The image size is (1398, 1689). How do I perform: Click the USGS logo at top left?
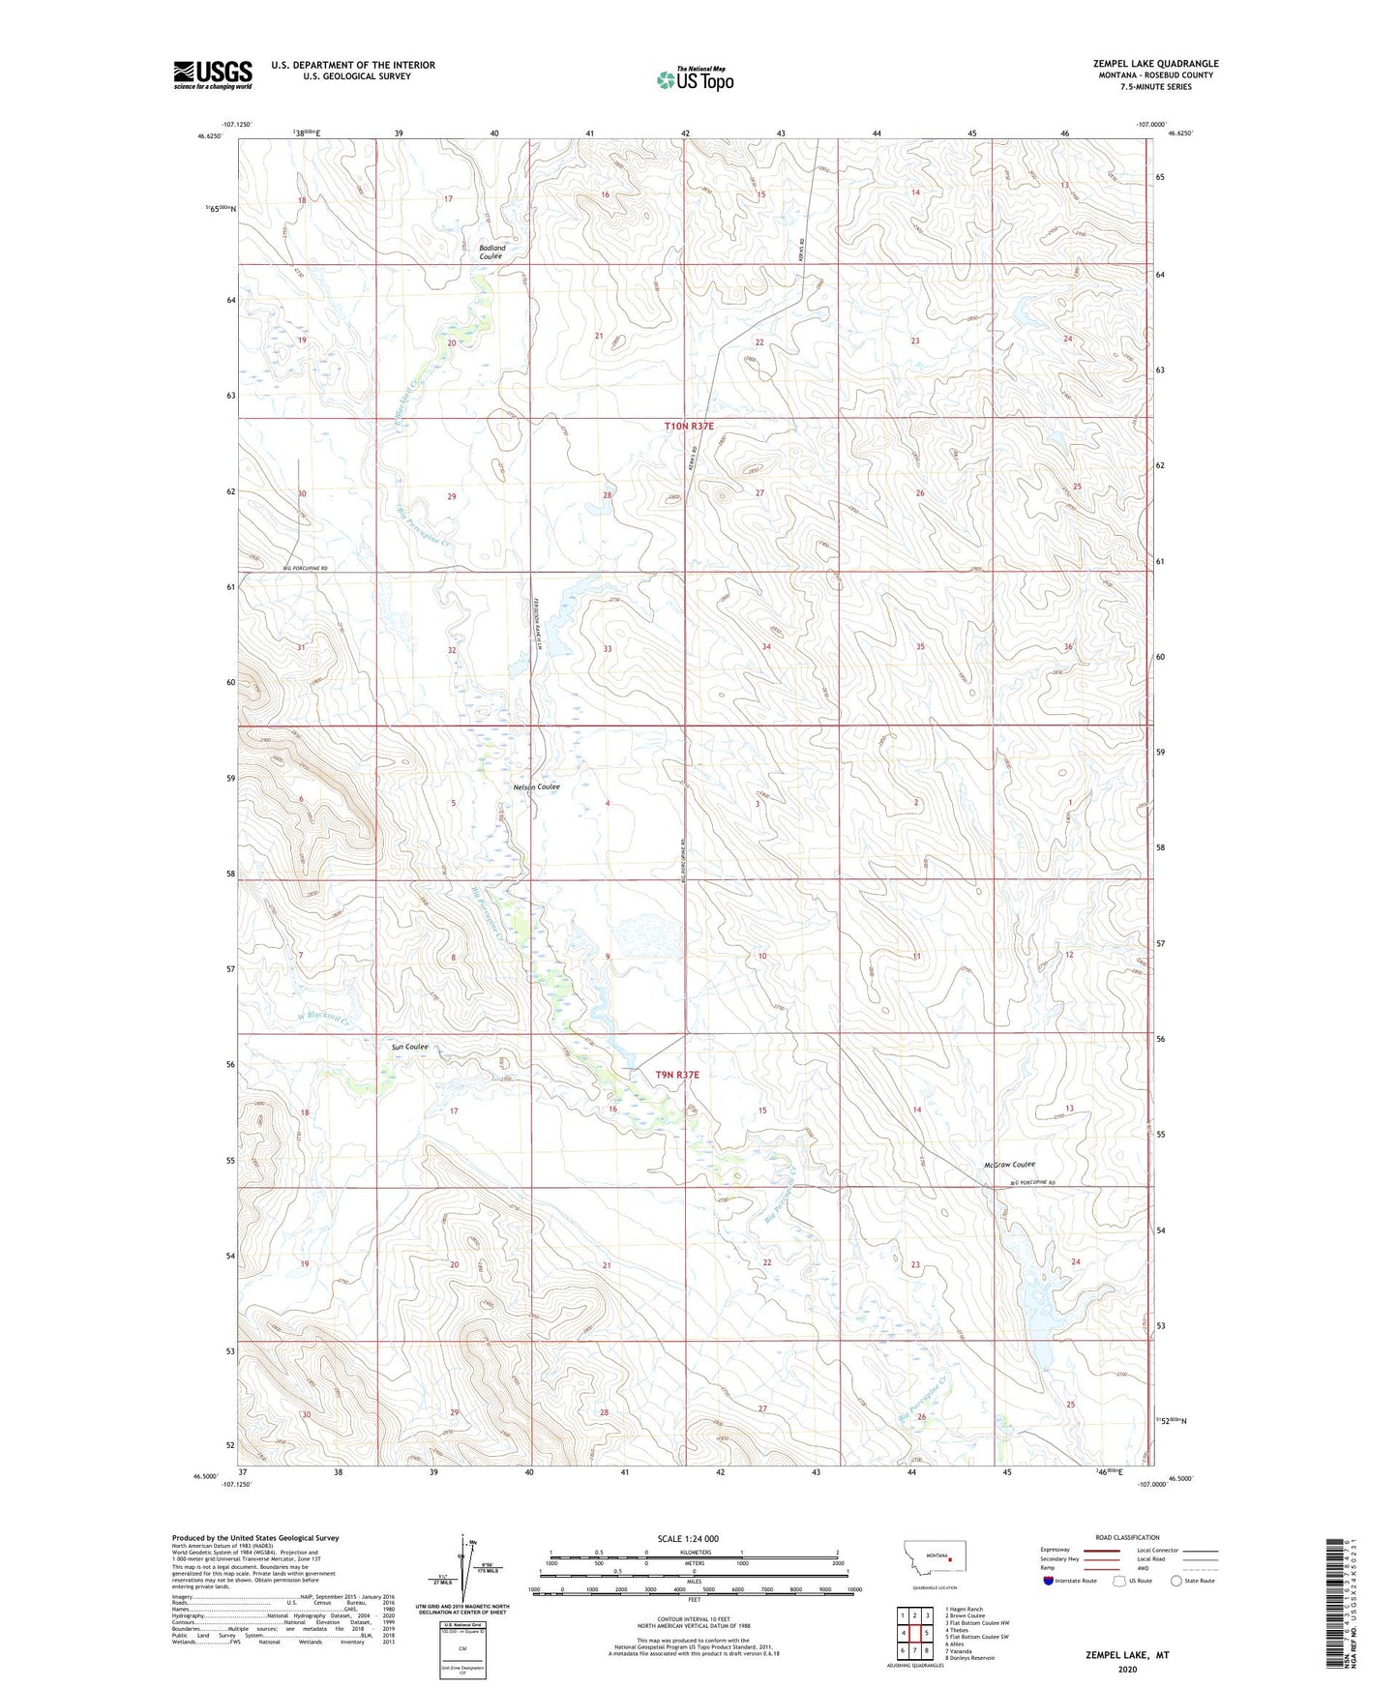pos(213,74)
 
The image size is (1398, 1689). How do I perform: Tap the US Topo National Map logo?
pos(695,78)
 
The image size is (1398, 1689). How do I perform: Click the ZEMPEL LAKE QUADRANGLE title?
pos(1156,64)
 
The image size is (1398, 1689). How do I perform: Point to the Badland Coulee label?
pos(491,252)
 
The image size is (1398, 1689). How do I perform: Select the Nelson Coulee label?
pos(536,787)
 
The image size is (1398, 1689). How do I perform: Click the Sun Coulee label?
pos(409,1047)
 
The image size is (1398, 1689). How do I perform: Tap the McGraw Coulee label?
pos(1009,1165)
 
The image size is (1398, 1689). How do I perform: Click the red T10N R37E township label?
pos(689,426)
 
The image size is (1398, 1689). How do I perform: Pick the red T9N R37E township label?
pos(676,1075)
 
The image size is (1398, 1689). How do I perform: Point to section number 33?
pos(608,649)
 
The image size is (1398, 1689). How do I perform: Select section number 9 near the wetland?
pos(608,957)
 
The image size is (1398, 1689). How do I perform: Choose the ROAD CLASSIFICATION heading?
pos(1127,1537)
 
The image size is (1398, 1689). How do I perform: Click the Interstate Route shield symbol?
pos(1049,1582)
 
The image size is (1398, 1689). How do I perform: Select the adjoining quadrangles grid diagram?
pos(914,1634)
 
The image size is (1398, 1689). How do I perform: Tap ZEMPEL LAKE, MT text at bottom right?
pos(1126,1655)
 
